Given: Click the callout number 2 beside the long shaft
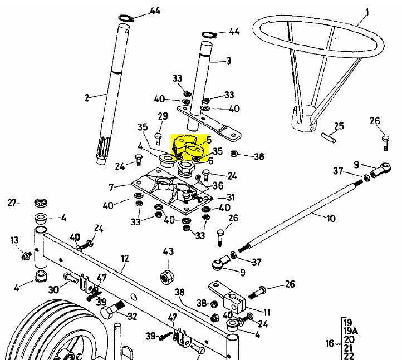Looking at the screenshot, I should coord(87,98).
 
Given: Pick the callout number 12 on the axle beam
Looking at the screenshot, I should coord(125,259).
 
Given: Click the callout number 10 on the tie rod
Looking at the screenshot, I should coord(331,218).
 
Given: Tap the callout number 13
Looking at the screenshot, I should coord(14,240).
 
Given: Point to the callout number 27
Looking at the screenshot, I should coord(12,203).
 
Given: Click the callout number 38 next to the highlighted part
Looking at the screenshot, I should coord(259,157).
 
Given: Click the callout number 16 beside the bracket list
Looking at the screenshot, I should coord(329,343).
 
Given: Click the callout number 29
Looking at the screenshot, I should coord(163,116).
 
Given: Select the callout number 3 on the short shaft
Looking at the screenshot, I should coord(228,60).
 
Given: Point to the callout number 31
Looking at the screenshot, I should coord(231,198).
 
